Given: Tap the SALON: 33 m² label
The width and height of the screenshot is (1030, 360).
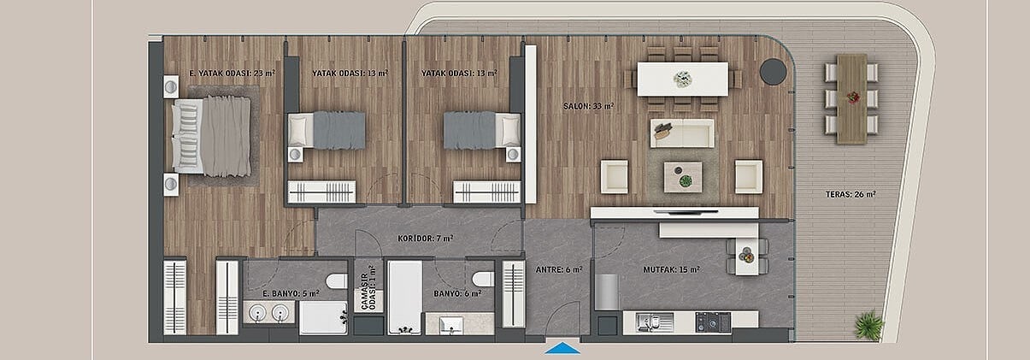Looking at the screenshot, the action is tap(589, 106).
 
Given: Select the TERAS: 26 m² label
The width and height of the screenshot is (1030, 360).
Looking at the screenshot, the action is tap(850, 194).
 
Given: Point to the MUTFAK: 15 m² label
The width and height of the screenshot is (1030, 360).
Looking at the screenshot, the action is tap(671, 269).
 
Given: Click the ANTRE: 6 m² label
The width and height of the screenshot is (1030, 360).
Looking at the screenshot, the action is tap(559, 269).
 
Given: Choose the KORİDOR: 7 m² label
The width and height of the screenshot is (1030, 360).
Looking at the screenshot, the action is tap(426, 239).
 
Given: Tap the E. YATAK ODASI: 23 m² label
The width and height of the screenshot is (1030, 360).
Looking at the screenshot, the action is tap(232, 73).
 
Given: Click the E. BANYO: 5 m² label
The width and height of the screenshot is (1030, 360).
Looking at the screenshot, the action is tap(291, 293).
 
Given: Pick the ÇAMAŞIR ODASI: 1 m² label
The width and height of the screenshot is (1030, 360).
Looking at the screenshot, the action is tap(368, 287).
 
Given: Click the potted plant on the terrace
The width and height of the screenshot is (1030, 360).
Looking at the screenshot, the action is tap(868, 326).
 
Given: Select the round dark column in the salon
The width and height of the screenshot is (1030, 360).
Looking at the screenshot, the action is tap(773, 71).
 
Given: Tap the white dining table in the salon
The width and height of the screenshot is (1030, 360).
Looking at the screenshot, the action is tap(683, 79).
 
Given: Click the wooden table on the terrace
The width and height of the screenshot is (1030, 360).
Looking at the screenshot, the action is tap(851, 99).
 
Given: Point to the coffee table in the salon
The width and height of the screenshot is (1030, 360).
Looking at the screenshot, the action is tap(683, 177).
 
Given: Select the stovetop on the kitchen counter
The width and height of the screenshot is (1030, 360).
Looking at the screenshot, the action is tap(713, 322).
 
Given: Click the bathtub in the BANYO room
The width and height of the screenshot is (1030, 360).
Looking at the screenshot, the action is tap(404, 298).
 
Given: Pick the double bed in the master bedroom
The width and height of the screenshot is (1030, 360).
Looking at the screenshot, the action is tap(211, 137).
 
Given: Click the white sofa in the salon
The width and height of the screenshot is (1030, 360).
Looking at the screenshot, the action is tap(682, 133).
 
